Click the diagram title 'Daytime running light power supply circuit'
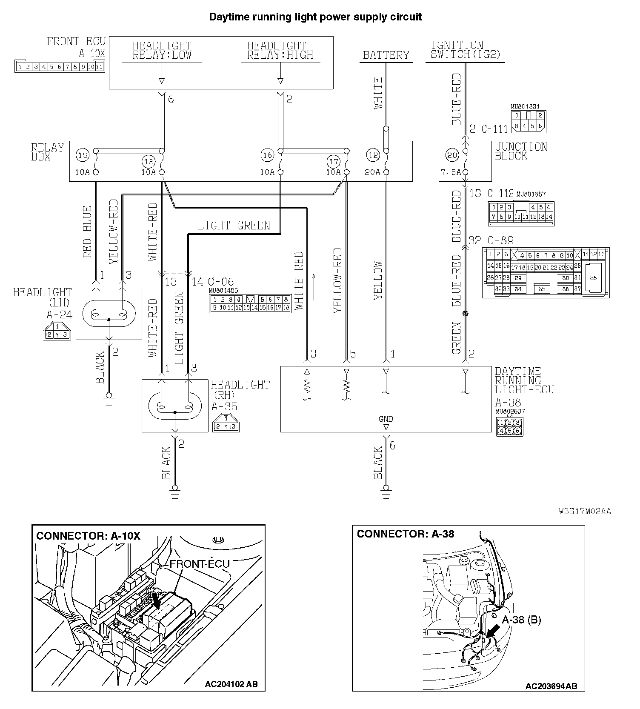point(315,17)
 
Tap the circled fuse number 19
point(83,155)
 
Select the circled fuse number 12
point(373,155)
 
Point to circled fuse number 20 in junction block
point(452,155)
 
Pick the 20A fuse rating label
point(372,172)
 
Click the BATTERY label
point(386,55)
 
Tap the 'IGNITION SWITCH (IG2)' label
point(466,50)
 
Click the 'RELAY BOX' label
point(47,152)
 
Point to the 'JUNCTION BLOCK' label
point(521,152)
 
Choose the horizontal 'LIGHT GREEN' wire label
point(234,226)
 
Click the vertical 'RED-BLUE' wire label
point(87,232)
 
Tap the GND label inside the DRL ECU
point(386,419)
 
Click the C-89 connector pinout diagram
point(546,272)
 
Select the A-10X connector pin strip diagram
point(60,67)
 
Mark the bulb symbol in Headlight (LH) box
point(109,314)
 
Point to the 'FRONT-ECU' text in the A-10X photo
point(200,564)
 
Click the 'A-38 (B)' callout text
point(521,620)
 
